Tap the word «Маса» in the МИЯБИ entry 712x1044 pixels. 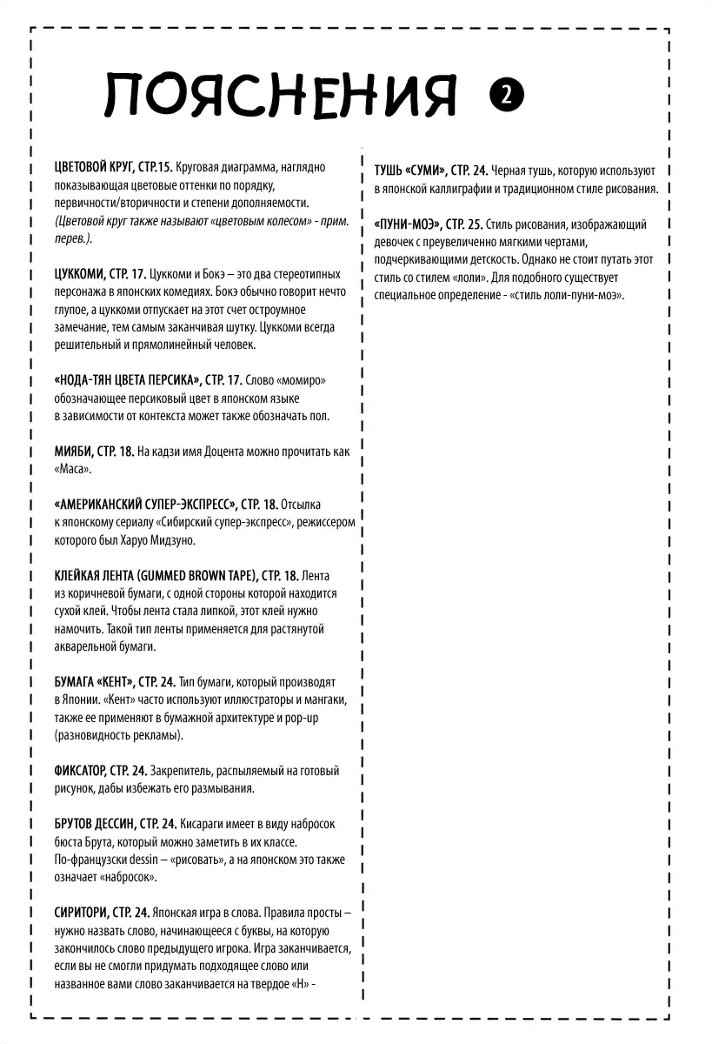[x=73, y=469]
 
